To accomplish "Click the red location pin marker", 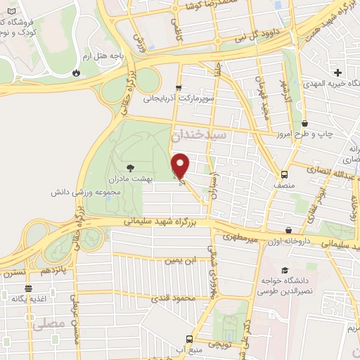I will pyautogui.click(x=181, y=165).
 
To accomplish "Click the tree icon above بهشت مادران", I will pyautogui.click(x=130, y=167).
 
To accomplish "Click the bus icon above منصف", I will pyautogui.click(x=284, y=174).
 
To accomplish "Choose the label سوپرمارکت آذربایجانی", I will pyautogui.click(x=176, y=99).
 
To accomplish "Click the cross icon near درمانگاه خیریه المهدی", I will pyautogui.click(x=337, y=72).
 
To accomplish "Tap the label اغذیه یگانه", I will pyautogui.click(x=28, y=299).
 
